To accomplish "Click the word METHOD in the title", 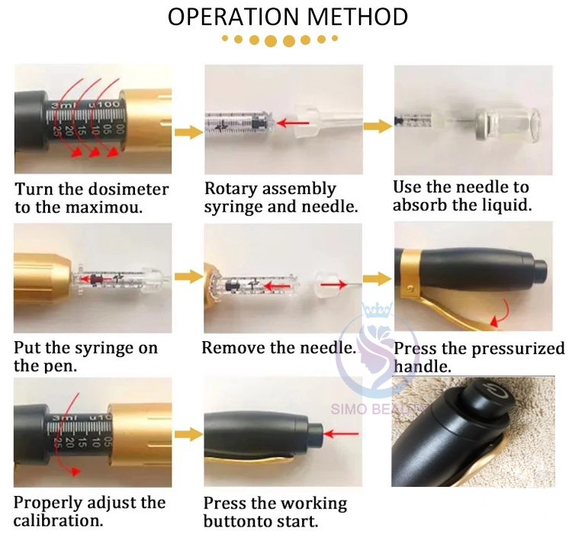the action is [x=358, y=17].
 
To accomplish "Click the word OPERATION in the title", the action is [x=233, y=17].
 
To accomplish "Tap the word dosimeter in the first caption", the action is [x=128, y=189].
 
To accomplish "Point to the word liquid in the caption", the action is [x=507, y=205].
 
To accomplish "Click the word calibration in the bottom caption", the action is [x=59, y=520].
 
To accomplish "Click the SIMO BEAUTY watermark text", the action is [x=378, y=409].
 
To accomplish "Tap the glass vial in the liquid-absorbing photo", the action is [x=508, y=124].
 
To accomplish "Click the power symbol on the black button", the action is [x=495, y=390].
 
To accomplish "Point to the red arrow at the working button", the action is [x=341, y=434].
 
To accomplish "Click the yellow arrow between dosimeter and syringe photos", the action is [x=188, y=132].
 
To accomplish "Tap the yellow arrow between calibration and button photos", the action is [x=188, y=434].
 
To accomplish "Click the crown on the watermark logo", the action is [x=377, y=310].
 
